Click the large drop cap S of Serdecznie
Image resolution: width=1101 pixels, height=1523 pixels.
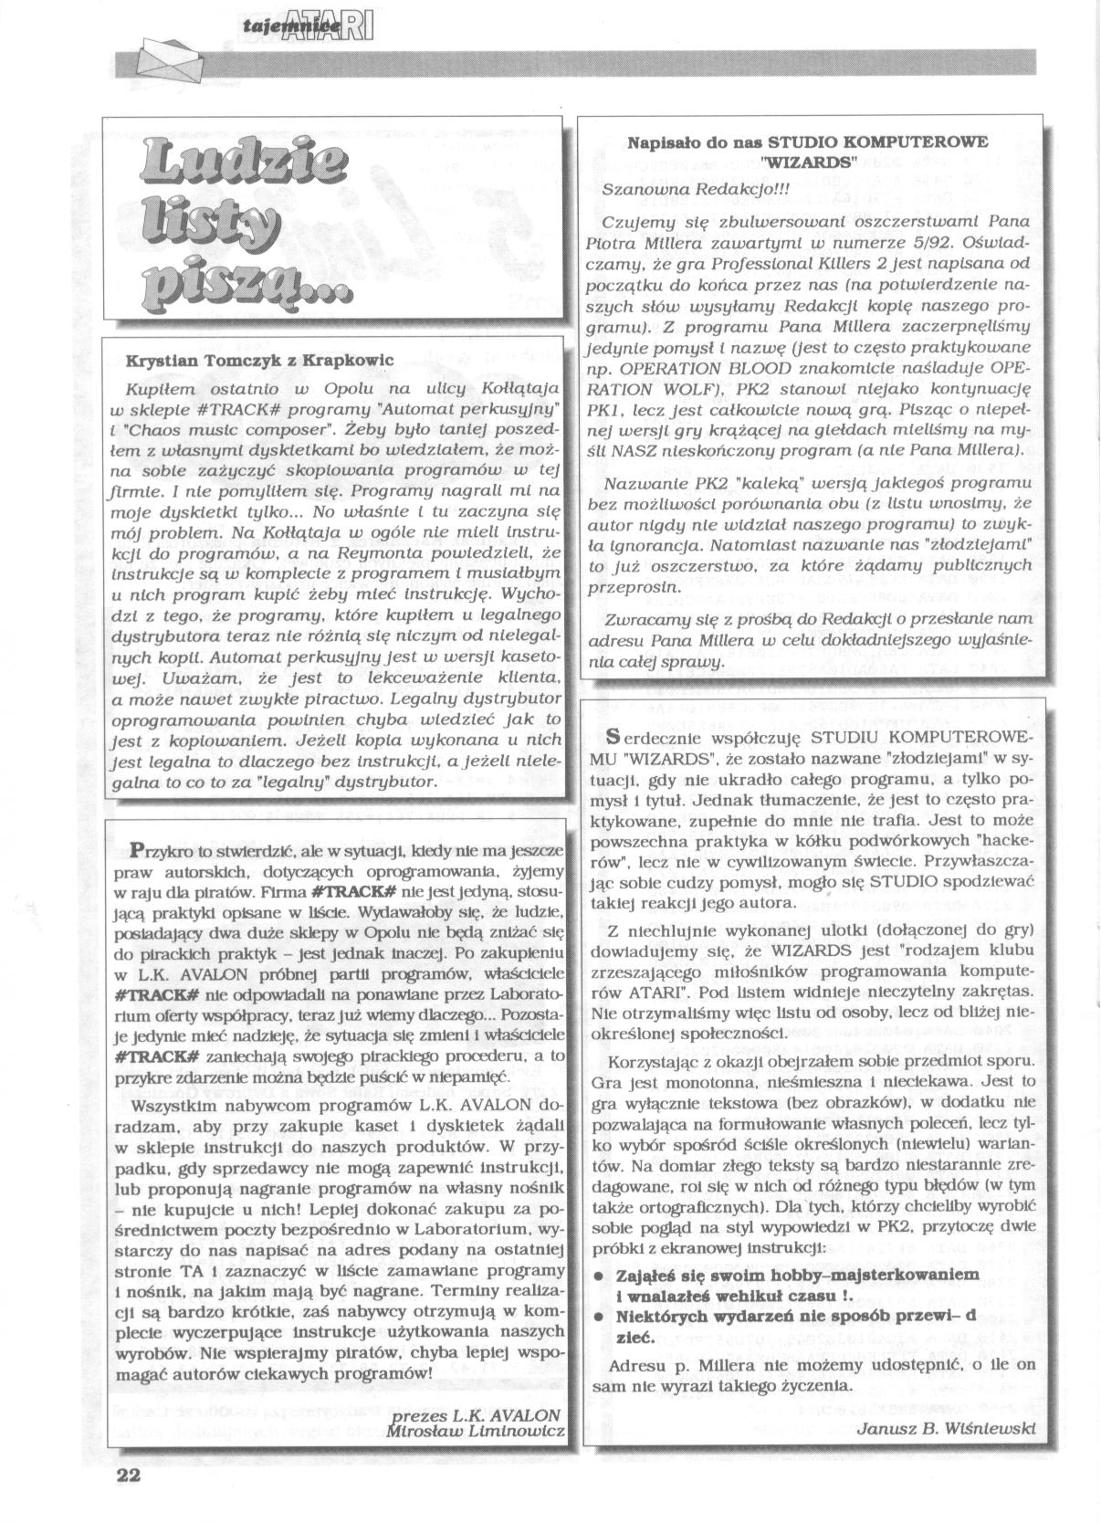pyautogui.click(x=613, y=737)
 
